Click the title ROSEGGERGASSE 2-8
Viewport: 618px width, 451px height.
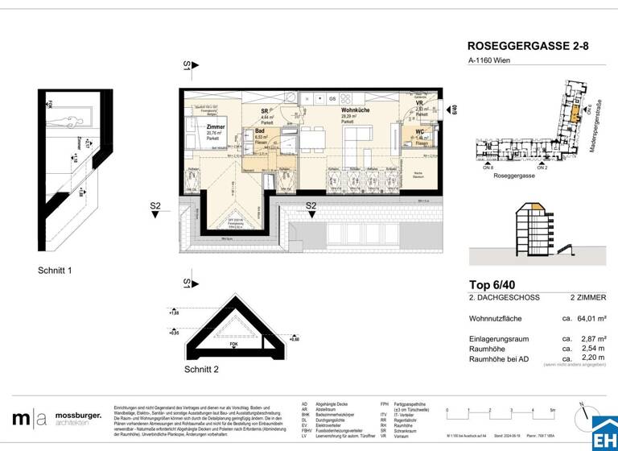(x=528, y=48)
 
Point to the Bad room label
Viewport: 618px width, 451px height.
(x=260, y=130)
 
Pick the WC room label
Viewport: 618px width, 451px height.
(x=420, y=132)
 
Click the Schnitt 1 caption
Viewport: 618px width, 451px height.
(x=56, y=271)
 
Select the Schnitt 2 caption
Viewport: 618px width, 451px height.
(x=200, y=370)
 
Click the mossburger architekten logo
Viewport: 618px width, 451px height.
(x=57, y=418)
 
